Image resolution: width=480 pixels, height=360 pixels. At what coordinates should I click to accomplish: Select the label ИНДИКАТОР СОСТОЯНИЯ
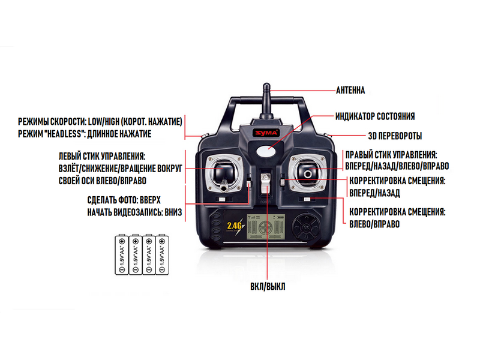click(374, 116)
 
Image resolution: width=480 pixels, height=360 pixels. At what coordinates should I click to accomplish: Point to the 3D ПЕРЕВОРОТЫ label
click(394, 136)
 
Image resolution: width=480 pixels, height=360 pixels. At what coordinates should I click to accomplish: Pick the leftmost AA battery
click(121, 256)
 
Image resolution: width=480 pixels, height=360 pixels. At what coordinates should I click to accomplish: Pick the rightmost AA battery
click(161, 256)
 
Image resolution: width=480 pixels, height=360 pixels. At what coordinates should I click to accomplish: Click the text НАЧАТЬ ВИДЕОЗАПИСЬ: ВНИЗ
click(133, 212)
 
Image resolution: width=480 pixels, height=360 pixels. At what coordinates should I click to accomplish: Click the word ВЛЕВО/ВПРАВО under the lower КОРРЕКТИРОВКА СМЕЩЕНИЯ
click(374, 224)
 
